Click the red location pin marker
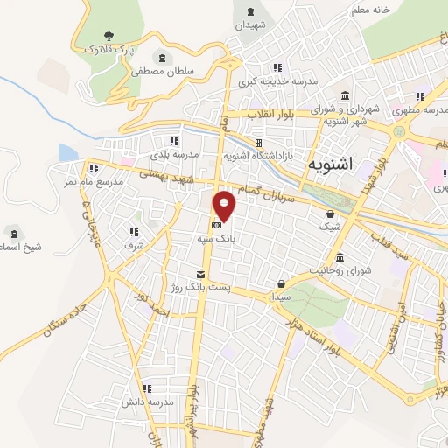pos(226,205)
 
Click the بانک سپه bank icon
pos(217,222)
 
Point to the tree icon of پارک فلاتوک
pos(108,36)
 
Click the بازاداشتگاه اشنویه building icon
pos(258,143)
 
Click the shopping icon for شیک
pos(330,213)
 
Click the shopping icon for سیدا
pos(281,283)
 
